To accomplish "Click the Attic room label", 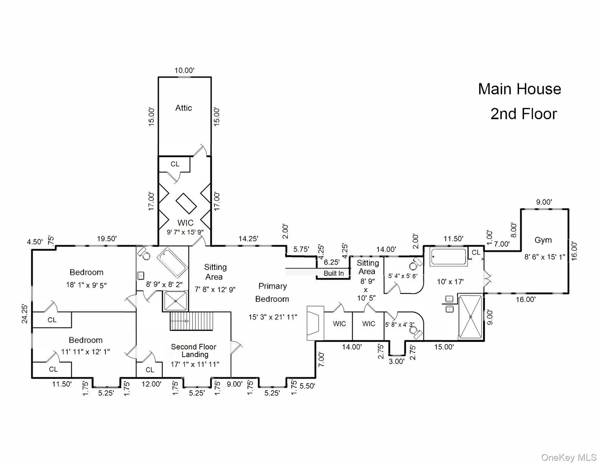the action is tap(184, 108).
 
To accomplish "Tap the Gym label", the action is tap(543, 240).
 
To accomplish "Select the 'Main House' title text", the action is tap(519, 89).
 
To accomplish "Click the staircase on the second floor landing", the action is tap(192, 321).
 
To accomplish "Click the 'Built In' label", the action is tap(334, 273).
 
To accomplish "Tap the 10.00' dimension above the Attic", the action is tap(184, 70).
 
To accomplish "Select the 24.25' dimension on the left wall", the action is tap(25, 314).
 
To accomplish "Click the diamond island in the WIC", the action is tap(186, 204).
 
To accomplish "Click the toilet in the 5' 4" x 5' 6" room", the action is tap(415, 264).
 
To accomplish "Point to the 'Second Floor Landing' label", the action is tap(194, 350).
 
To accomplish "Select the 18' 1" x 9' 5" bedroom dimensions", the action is tap(86, 285).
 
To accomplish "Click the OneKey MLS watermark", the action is tap(568, 457).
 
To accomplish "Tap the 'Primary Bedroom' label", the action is tap(272, 292).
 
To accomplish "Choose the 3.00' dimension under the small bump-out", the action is tap(396, 361).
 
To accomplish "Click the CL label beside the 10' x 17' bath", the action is tap(476, 252).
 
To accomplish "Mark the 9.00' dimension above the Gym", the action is tap(544, 202).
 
